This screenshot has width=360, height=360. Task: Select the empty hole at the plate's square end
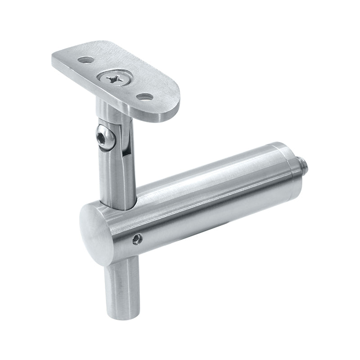[x=84, y=59]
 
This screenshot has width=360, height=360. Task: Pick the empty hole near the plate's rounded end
[x=144, y=96]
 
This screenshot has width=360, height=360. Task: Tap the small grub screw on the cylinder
[x=137, y=239]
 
